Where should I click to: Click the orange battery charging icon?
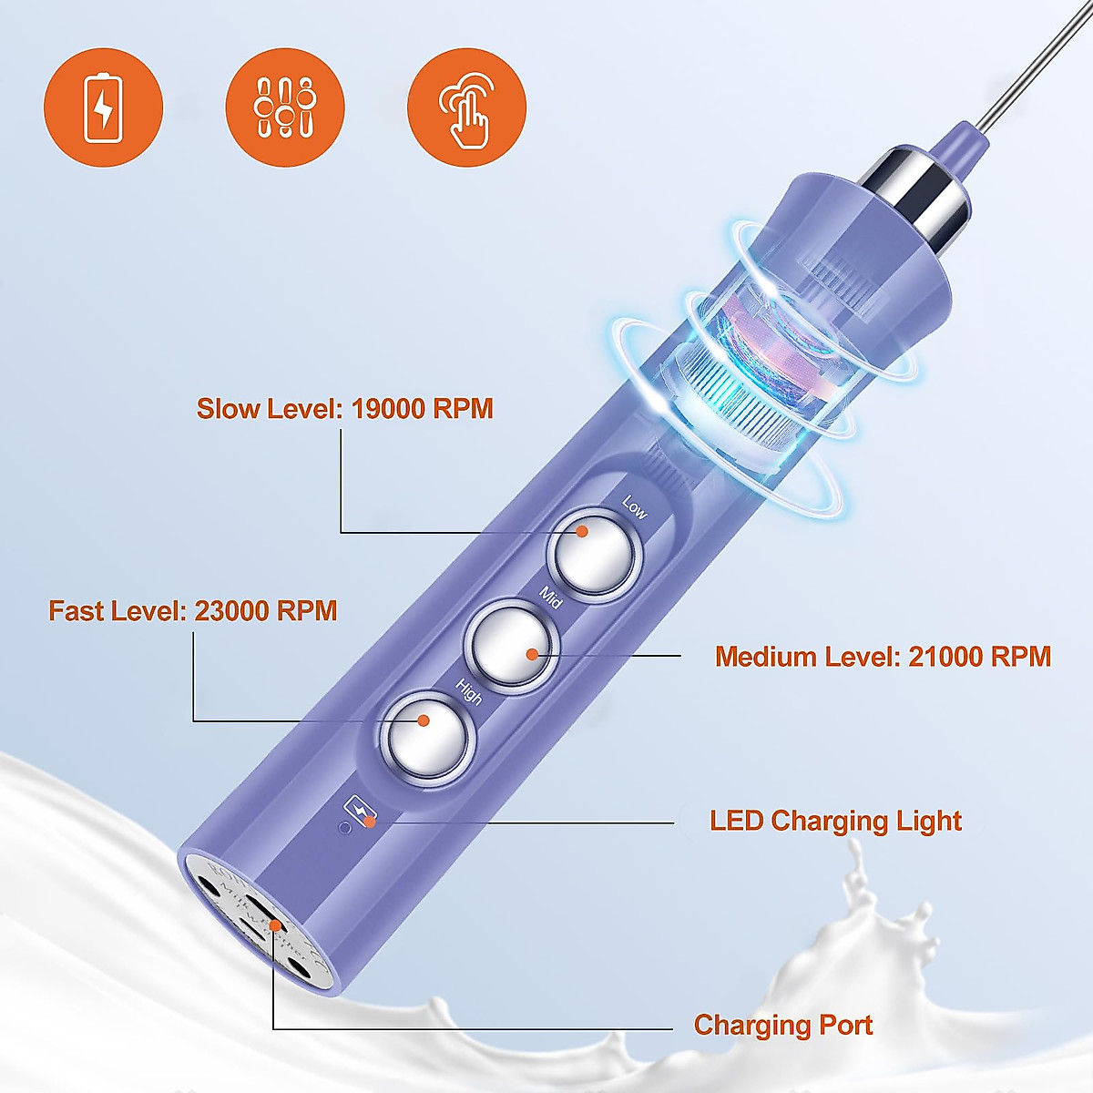click(103, 107)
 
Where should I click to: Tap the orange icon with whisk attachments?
click(284, 107)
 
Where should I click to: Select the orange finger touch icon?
click(466, 107)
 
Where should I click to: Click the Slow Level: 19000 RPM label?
click(345, 409)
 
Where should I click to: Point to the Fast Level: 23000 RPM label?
click(193, 610)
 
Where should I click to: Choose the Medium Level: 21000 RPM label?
click(883, 657)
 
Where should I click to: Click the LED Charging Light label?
click(835, 821)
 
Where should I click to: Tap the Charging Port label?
click(783, 1025)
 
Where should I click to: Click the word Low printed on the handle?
click(634, 507)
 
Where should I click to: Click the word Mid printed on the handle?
click(551, 598)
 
